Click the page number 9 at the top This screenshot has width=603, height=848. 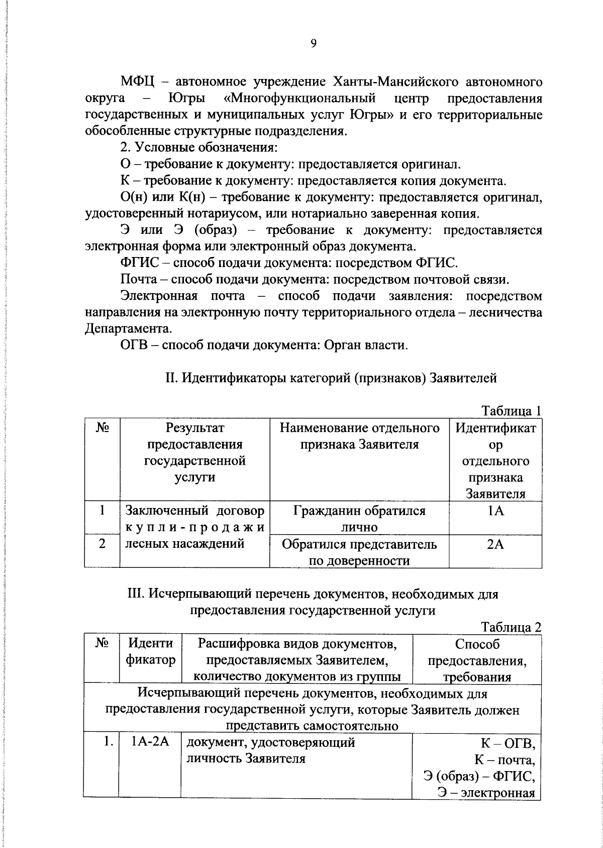[313, 44]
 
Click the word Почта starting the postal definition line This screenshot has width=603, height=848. [138, 280]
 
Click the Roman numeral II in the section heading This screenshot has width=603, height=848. [171, 378]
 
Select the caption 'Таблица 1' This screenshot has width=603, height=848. [511, 411]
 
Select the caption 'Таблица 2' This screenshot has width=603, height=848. [511, 627]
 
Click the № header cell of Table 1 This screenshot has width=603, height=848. [102, 428]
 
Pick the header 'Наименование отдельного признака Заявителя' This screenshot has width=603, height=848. [359, 436]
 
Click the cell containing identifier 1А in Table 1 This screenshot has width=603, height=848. [495, 511]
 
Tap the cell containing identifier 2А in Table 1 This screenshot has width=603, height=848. [495, 544]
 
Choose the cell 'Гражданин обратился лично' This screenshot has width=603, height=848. [359, 519]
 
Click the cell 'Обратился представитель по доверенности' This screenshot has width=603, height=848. [359, 552]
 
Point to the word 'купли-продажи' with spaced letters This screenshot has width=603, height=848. [194, 527]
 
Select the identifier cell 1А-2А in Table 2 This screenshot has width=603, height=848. [149, 743]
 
